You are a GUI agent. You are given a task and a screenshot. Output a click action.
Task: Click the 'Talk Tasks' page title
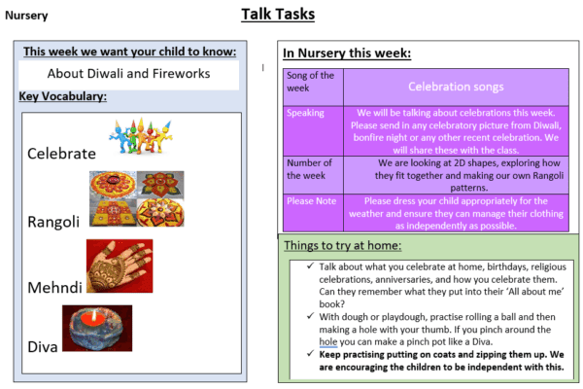click(x=278, y=15)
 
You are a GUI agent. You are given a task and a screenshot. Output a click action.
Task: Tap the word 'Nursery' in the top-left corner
click(x=27, y=16)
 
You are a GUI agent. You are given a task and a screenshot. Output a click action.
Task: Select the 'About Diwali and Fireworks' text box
click(x=129, y=74)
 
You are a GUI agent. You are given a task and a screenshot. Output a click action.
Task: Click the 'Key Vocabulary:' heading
click(x=62, y=96)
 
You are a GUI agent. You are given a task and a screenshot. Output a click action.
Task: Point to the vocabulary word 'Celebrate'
click(x=61, y=154)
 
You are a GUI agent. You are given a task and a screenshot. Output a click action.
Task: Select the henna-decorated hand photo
click(x=119, y=265)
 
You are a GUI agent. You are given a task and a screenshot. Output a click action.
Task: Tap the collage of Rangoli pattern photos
click(x=136, y=198)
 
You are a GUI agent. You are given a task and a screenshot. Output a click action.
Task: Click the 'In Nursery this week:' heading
click(x=347, y=53)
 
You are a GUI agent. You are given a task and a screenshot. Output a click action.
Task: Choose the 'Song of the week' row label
click(x=312, y=82)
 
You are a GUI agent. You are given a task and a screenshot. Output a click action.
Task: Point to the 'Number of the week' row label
click(x=312, y=169)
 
